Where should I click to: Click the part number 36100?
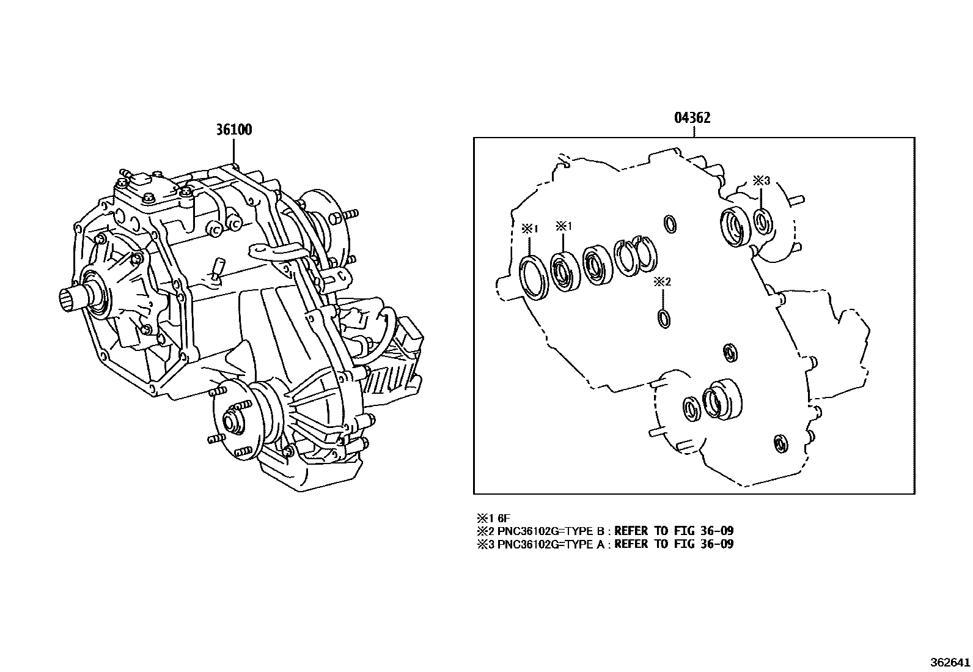pyautogui.click(x=233, y=130)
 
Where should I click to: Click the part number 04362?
pyautogui.click(x=692, y=118)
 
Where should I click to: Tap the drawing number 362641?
pyautogui.click(x=949, y=662)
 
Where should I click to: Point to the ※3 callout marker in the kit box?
pyautogui.click(x=761, y=180)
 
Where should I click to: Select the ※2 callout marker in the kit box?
pyautogui.click(x=663, y=282)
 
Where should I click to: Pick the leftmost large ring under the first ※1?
pyautogui.click(x=533, y=278)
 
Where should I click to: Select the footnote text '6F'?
pyautogui.click(x=504, y=517)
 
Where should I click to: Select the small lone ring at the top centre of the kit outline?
pyautogui.click(x=670, y=224)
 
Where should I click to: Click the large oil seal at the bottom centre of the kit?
pyautogui.click(x=721, y=399)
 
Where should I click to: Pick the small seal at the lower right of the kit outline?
pyautogui.click(x=780, y=445)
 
